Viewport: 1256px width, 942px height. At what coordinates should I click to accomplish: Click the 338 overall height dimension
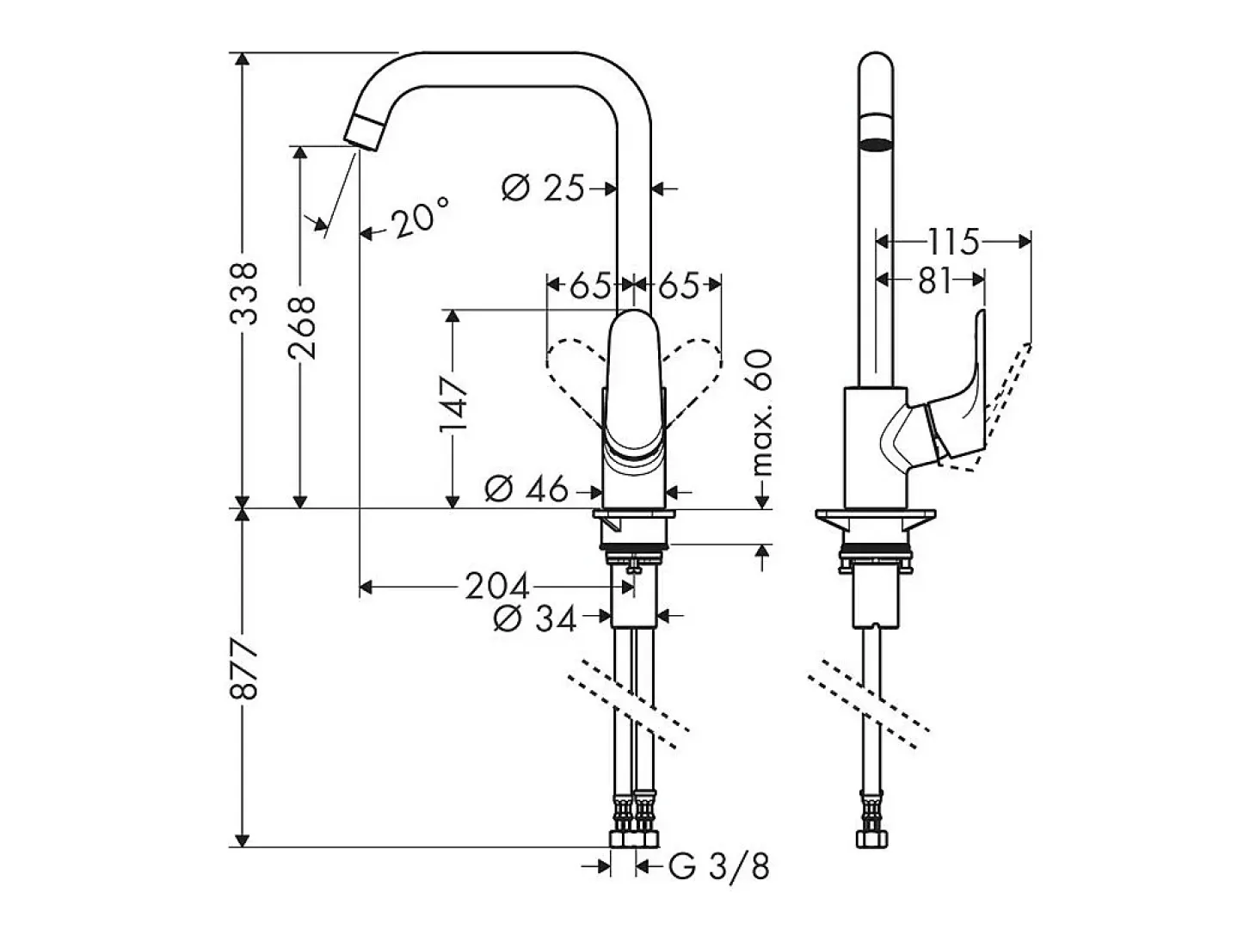pyautogui.click(x=243, y=294)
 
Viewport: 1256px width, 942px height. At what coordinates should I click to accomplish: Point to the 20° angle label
pyautogui.click(x=420, y=218)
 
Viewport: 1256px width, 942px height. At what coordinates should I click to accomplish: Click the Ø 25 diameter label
pyautogui.click(x=543, y=188)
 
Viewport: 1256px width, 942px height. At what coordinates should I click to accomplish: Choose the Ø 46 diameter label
pyautogui.click(x=526, y=489)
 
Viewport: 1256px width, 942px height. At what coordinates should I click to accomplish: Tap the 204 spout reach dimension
pyautogui.click(x=496, y=587)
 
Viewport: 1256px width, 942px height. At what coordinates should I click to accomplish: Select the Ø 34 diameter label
pyautogui.click(x=534, y=619)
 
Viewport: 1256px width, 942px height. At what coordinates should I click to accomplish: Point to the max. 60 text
pyautogui.click(x=763, y=413)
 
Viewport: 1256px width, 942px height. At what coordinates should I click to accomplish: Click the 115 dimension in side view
pyautogui.click(x=952, y=242)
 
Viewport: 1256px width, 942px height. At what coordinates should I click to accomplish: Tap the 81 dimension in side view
pyautogui.click(x=934, y=280)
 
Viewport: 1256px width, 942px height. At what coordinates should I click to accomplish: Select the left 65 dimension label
pyautogui.click(x=590, y=285)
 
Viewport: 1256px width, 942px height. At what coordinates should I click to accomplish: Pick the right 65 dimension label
pyautogui.click(x=679, y=285)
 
